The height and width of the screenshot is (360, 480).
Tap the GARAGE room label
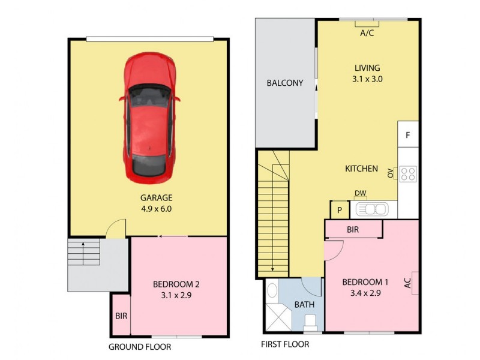(156, 197)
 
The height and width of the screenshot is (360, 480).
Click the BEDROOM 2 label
(176, 284)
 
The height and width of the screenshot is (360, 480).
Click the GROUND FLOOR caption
(139, 347)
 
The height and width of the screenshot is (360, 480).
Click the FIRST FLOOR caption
(285, 344)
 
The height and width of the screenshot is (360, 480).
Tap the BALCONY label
(285, 83)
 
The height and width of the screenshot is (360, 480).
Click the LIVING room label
(367, 68)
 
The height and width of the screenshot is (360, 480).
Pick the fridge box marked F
(407, 135)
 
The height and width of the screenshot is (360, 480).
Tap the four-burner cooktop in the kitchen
(408, 173)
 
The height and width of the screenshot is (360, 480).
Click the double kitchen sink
(372, 209)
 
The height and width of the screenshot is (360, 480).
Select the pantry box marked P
(339, 211)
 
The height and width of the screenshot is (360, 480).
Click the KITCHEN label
(361, 169)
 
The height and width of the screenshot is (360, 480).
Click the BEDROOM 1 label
(366, 282)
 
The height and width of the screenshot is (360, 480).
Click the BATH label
(304, 305)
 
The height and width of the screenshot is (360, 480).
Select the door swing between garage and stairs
(116, 229)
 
